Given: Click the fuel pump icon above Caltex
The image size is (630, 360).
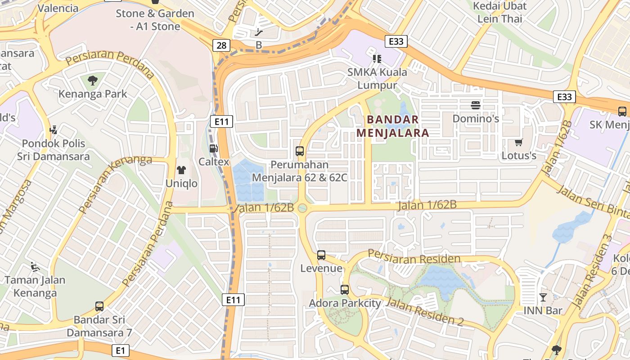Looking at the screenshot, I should coord(214,148).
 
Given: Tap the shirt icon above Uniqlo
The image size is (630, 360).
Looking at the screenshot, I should coord(181,170).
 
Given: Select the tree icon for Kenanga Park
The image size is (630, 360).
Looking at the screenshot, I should coord(93,81).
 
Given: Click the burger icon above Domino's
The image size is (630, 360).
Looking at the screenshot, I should coord(476,105).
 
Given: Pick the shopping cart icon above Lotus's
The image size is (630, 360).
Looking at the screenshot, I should coord(519,143).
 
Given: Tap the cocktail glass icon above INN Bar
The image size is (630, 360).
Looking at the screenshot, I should coord(543,297).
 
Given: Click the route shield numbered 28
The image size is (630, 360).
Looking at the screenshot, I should coord(221,45).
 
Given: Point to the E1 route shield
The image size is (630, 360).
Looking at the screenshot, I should coord(120,351).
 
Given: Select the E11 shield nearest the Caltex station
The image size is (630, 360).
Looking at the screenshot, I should coord(221,121).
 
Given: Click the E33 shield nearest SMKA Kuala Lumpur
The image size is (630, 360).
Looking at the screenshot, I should coord(396,41).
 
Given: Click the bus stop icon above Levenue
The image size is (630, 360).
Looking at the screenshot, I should coord(321,255).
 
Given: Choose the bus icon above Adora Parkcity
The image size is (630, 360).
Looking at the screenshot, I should coord(345,290).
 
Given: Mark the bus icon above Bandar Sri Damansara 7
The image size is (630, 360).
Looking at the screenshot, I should coord(99,306).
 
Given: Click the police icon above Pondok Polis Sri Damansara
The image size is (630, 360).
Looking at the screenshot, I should coord(54,130).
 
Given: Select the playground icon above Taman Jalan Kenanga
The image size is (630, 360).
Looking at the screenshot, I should coord(35,266).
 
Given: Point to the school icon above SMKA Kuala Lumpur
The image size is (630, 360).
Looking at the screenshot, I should coord(377,58).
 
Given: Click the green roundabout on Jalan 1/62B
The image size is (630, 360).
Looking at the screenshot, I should coord(302,208).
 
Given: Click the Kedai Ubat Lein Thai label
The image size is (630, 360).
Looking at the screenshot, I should coord(499,13).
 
